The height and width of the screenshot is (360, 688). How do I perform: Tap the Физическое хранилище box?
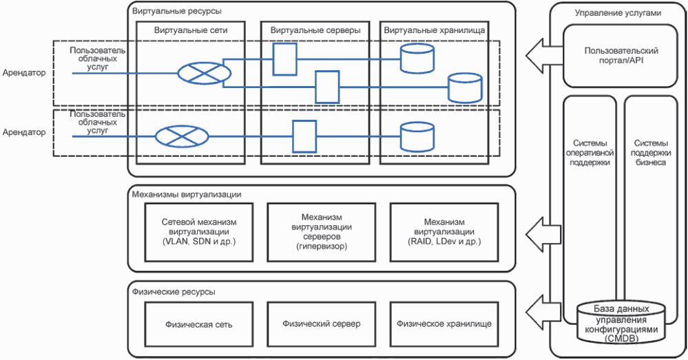click(444, 324)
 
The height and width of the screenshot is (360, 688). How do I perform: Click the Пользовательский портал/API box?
click(612, 55)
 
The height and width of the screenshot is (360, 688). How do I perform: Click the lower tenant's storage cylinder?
click(417, 136)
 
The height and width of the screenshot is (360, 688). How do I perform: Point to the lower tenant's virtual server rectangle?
click(304, 136)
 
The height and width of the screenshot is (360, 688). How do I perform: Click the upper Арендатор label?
click(23, 72)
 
